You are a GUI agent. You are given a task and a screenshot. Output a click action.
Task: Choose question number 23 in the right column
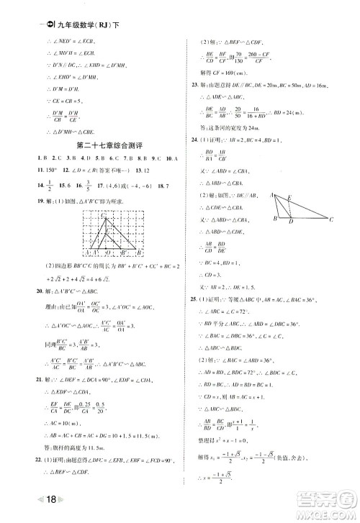(x=194, y=85)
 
